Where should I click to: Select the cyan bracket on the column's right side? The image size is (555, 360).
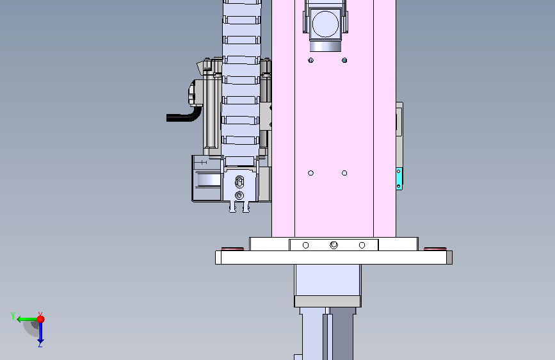point(399,179)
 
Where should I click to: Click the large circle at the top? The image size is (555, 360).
point(325,24)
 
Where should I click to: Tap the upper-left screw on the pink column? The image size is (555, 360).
point(310,60)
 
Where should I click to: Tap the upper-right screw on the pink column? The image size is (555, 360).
point(344,60)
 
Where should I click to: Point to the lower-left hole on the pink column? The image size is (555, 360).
point(310,173)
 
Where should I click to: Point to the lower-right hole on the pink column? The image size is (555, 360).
point(344,173)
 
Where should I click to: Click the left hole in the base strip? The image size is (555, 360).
point(306,245)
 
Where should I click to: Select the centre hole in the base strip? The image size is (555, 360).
point(334,245)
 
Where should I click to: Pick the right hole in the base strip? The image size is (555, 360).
point(362,245)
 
